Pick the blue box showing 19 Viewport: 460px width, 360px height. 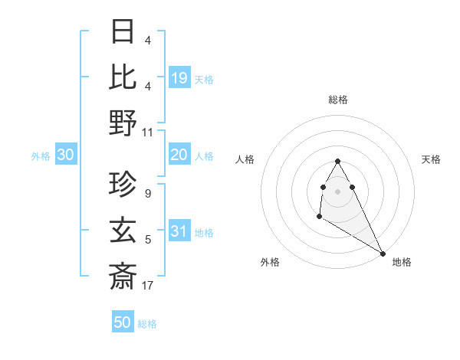pyautogui.click(x=179, y=77)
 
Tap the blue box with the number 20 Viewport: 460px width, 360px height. pyautogui.click(x=179, y=155)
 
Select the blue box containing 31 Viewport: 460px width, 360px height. pyautogui.click(x=179, y=232)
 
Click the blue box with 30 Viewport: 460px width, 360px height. pyautogui.click(x=66, y=155)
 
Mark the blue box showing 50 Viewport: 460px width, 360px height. pyautogui.click(x=123, y=322)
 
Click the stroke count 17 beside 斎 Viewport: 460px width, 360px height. pyautogui.click(x=148, y=286)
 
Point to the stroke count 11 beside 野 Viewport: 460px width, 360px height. pyautogui.click(x=148, y=132)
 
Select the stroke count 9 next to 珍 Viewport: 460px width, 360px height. pyautogui.click(x=148, y=194)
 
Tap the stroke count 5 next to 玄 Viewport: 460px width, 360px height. pyautogui.click(x=148, y=241)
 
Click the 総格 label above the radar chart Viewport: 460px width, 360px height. pyautogui.click(x=338, y=100)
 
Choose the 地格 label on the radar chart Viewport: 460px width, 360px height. pyautogui.click(x=402, y=262)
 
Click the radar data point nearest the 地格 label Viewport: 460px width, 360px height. pyautogui.click(x=383, y=253)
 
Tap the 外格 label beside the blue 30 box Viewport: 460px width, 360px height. pyautogui.click(x=41, y=156)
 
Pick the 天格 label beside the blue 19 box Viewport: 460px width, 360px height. pyautogui.click(x=204, y=79)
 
